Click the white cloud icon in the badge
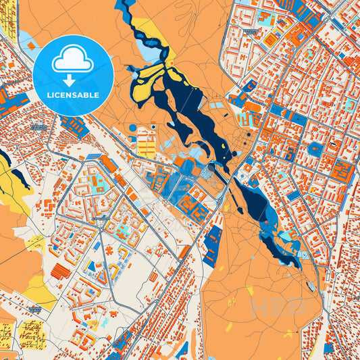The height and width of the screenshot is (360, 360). (x=72, y=61)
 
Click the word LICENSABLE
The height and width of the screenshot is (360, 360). (x=72, y=95)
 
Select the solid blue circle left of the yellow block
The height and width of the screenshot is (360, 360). (x=133, y=128)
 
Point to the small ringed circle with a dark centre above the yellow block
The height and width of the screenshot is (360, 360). (x=153, y=126)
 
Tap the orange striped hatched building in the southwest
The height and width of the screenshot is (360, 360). (x=60, y=272)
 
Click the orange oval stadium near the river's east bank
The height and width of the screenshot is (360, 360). (x=252, y=107)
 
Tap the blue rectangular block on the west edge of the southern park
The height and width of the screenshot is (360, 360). (x=212, y=244)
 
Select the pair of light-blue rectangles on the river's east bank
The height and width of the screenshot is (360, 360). (x=216, y=105)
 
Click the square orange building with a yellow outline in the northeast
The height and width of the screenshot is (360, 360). (x=272, y=41)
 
